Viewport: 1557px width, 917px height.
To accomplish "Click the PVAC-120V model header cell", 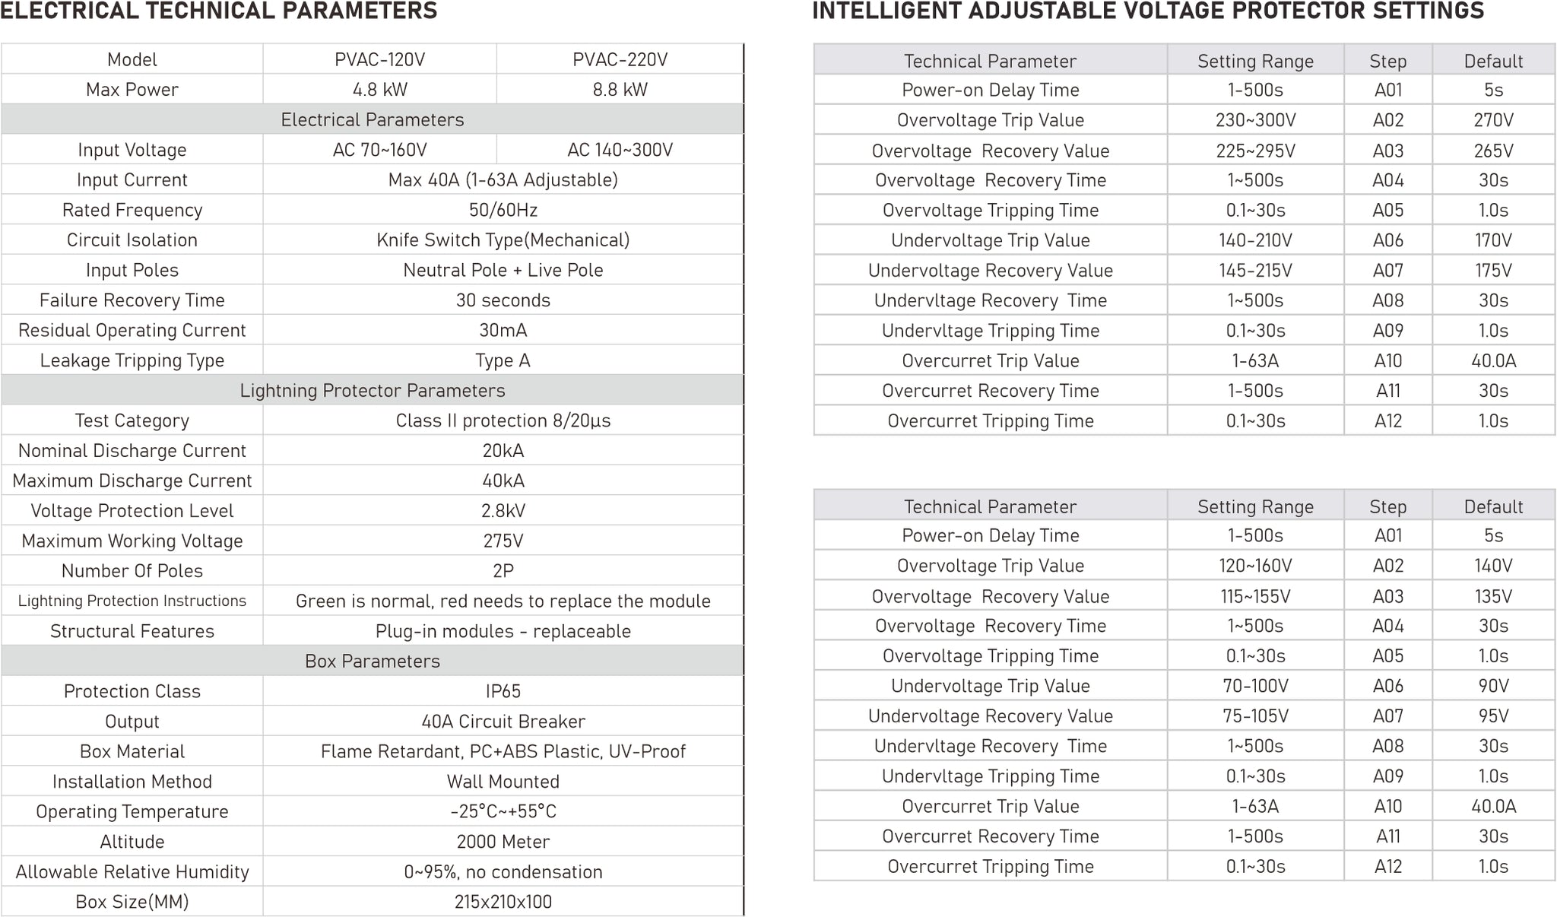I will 379,59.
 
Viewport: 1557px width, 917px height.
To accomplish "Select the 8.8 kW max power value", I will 620,90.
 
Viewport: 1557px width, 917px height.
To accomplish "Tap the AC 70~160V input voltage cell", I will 379,150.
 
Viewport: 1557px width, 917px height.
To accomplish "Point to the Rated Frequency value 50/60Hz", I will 503,210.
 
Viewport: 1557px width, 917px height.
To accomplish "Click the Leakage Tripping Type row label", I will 132,360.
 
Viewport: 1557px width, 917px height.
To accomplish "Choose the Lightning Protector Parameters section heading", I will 372,390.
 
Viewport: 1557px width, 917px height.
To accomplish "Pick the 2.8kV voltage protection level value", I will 503,511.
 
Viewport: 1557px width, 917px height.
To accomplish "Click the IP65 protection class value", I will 503,691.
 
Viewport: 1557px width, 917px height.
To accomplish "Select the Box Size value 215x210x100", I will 503,902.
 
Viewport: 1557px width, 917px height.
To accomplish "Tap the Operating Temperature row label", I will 132,811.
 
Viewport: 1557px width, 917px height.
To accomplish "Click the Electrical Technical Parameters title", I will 219,11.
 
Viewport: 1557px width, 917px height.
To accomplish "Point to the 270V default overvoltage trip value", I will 1493,120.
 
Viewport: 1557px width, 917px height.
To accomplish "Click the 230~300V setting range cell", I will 1255,120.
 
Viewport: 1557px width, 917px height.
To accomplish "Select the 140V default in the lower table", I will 1493,566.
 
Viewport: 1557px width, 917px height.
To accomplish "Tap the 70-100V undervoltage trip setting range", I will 1255,686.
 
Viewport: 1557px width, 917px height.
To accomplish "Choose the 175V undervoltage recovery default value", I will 1493,271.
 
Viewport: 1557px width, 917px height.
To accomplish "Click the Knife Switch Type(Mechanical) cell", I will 503,240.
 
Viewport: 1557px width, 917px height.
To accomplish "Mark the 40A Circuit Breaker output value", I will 503,722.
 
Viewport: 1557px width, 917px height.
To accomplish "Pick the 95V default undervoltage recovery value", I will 1493,716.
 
